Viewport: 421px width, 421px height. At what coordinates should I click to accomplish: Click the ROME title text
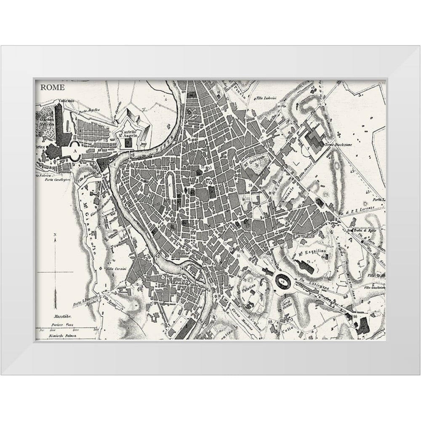point(53,88)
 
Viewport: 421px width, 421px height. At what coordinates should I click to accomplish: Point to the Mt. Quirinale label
point(253,158)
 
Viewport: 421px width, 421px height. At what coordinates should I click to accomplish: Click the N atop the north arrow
point(54,234)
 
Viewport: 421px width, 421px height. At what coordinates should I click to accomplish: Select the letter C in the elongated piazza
point(170,184)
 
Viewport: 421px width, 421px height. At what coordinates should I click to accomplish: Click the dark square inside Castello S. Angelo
point(128,144)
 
